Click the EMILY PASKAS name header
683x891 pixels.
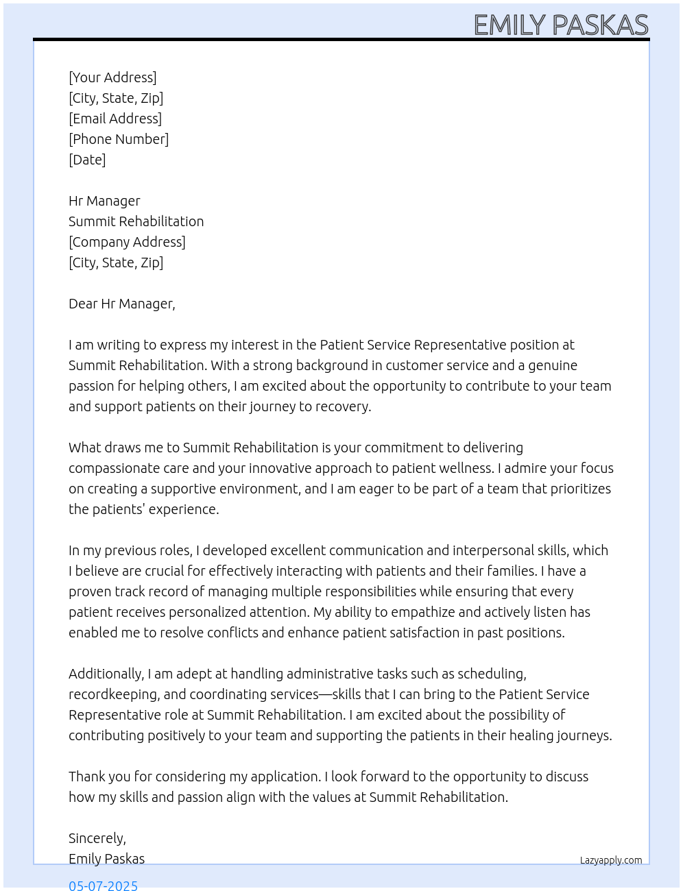[x=560, y=25]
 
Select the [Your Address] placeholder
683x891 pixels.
[x=112, y=77]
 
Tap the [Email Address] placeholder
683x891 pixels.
[x=115, y=119]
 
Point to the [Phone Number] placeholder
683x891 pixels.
[x=119, y=139]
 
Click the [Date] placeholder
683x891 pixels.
[x=87, y=160]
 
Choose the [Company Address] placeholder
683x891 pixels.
[x=127, y=242]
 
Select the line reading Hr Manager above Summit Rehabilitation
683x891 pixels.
[x=104, y=201]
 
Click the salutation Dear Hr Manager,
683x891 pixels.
[x=122, y=304]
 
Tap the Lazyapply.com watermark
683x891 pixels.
[x=611, y=860]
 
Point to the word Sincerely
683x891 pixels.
[x=97, y=838]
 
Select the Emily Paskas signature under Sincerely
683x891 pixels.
[x=106, y=859]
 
